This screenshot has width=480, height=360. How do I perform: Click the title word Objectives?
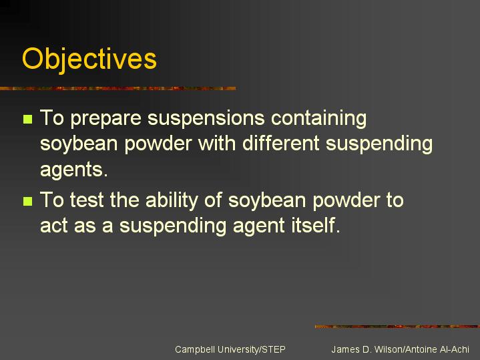(89, 59)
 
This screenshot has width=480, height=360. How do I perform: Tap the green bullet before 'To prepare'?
(27, 119)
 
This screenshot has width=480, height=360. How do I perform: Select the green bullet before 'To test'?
(27, 201)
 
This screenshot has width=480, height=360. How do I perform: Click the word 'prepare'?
(106, 119)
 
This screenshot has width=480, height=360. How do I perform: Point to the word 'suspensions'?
(206, 119)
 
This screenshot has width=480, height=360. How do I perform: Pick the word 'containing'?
(318, 119)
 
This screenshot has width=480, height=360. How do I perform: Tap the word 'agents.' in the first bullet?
(74, 170)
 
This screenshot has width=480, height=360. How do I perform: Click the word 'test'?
(87, 200)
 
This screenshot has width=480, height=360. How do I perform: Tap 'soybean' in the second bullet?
(267, 201)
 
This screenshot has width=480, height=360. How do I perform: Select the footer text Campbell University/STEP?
(230, 349)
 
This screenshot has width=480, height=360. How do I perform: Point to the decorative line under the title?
(118, 89)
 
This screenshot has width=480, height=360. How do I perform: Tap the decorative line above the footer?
(397, 327)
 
